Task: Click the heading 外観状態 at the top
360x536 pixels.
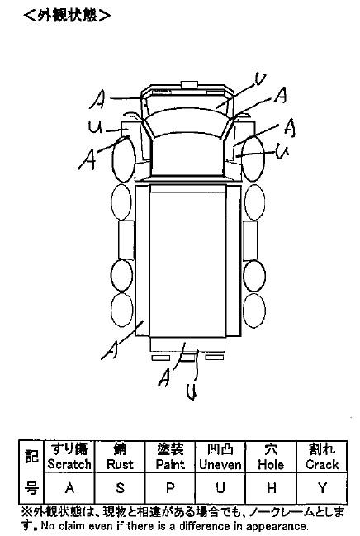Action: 67,16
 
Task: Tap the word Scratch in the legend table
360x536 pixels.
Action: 69,464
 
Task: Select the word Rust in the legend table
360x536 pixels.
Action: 120,464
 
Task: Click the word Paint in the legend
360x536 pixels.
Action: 170,464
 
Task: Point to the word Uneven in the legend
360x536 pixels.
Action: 220,464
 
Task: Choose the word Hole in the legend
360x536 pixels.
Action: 271,464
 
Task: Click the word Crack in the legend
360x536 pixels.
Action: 322,464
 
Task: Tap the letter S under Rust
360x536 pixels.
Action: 120,488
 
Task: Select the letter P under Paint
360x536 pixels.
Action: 170,488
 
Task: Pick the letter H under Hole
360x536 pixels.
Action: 271,488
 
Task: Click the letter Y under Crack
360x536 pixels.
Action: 322,488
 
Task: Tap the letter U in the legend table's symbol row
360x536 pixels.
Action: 220,488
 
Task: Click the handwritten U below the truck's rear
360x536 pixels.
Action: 192,391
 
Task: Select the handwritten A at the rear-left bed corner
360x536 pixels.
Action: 111,349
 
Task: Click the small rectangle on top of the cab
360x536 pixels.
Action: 189,84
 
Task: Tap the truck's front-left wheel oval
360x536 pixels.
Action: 124,159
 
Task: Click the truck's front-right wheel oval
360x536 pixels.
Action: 253,159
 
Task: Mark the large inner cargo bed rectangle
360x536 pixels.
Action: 187,261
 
